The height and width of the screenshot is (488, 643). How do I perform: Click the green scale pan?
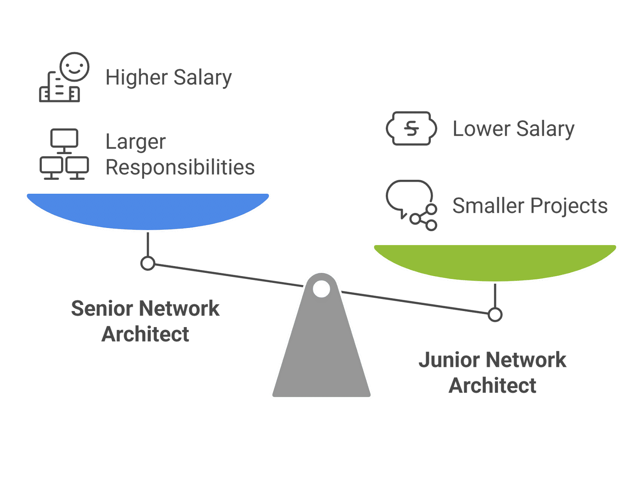tap(495, 261)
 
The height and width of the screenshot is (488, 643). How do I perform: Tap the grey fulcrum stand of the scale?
tap(321, 353)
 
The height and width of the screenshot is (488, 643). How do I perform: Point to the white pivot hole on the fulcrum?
tap(321, 289)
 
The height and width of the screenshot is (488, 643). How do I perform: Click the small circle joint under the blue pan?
tap(148, 263)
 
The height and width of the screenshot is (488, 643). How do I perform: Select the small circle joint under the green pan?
tap(495, 315)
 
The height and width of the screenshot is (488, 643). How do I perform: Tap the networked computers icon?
tap(64, 154)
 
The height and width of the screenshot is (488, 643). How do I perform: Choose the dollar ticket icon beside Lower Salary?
tap(411, 128)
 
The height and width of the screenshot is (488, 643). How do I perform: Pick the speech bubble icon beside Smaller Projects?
tap(411, 205)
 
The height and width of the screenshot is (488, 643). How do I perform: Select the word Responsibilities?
tap(180, 167)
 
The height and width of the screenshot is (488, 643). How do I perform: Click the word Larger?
tap(135, 142)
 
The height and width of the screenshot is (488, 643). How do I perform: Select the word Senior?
tap(102, 309)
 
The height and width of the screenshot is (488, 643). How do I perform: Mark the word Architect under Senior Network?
tap(145, 334)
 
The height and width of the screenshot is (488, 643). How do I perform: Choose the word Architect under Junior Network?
tap(492, 385)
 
